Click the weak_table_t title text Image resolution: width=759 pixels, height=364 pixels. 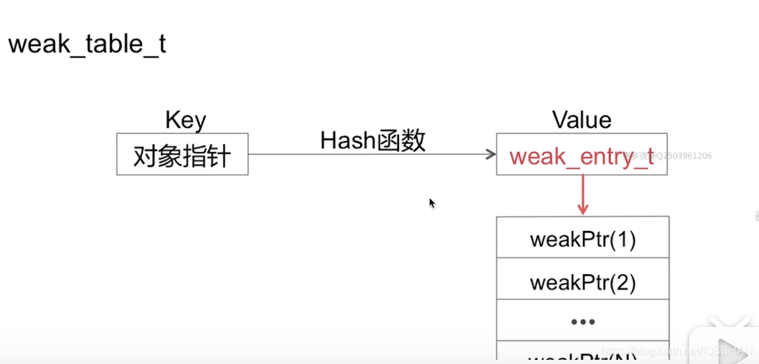point(87,45)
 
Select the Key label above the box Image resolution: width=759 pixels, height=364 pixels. point(185,120)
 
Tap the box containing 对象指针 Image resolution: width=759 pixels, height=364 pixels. point(182,154)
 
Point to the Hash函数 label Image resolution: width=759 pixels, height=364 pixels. point(373,141)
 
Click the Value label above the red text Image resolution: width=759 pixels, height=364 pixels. point(581,120)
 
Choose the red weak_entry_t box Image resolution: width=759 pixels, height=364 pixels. point(581,155)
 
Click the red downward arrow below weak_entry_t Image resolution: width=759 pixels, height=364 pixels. point(583,195)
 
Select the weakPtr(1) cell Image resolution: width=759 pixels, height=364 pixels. point(583,240)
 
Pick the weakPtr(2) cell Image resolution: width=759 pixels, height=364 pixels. point(583,282)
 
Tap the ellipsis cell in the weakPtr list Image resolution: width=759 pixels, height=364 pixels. point(583,321)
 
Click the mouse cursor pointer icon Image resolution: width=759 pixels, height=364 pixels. point(432,203)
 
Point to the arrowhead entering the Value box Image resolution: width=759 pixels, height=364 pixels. point(490,154)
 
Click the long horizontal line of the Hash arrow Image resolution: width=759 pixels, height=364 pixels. point(369,154)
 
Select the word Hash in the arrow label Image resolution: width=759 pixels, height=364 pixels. point(347,141)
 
